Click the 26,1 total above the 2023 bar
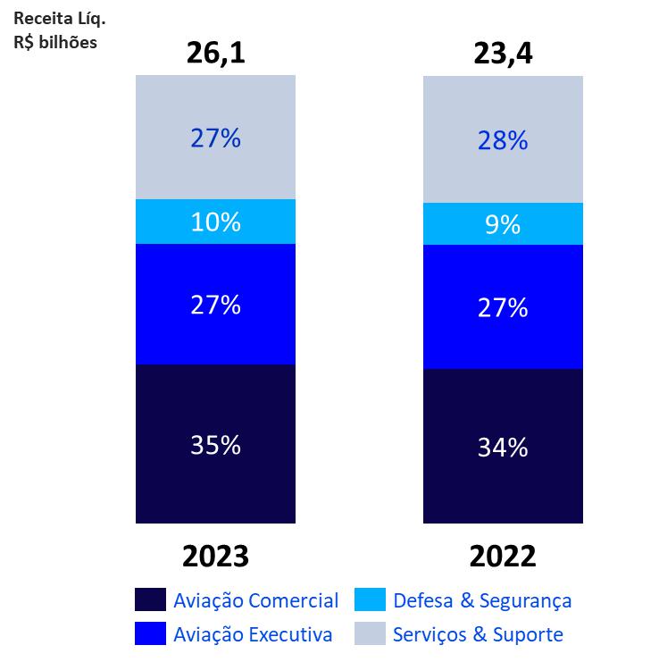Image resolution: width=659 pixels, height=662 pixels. (x=215, y=54)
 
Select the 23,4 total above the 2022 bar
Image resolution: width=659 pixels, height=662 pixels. (x=503, y=54)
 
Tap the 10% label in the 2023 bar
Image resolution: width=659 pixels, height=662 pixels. (x=215, y=222)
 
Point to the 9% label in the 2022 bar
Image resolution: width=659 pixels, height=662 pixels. (x=503, y=224)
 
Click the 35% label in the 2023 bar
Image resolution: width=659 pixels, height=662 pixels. (x=215, y=444)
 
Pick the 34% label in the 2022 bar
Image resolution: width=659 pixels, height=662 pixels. (x=503, y=447)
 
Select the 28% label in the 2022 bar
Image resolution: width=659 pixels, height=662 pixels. (x=503, y=139)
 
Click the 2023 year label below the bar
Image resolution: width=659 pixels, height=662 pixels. (x=215, y=557)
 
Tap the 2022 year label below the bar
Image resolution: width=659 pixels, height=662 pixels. (x=503, y=557)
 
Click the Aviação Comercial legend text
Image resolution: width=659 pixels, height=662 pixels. (x=256, y=600)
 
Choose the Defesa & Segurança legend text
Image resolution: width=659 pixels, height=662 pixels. (x=482, y=600)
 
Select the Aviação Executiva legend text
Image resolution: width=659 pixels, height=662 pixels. (x=254, y=634)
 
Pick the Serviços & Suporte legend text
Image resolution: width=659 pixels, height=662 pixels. (x=478, y=634)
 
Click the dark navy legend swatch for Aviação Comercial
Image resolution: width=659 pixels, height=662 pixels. (x=149, y=599)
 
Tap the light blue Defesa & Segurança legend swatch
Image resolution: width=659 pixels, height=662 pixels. (x=370, y=599)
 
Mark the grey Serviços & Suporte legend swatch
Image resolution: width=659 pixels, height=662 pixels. (x=370, y=633)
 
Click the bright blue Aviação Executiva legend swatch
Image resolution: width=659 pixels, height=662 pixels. (x=149, y=633)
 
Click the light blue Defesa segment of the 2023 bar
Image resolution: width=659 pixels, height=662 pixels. (x=161, y=222)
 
